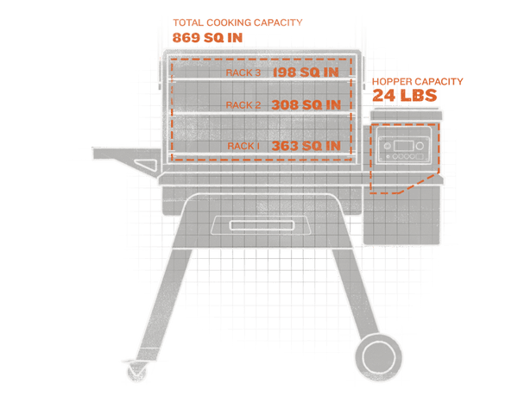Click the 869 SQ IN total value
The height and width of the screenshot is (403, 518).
pyautogui.click(x=207, y=38)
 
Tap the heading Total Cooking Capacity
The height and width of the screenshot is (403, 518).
pyautogui.click(x=237, y=22)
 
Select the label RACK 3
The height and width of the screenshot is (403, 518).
pyautogui.click(x=243, y=72)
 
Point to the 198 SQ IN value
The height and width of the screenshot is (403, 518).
pyautogui.click(x=306, y=72)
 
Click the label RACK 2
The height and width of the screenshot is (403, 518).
pyautogui.click(x=243, y=105)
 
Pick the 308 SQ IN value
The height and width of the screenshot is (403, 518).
pyautogui.click(x=306, y=105)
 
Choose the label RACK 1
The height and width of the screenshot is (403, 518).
pyautogui.click(x=243, y=146)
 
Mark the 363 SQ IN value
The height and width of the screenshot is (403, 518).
pyautogui.click(x=306, y=146)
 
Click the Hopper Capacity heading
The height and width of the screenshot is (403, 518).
pyautogui.click(x=418, y=82)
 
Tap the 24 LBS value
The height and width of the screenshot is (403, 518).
pyautogui.click(x=405, y=95)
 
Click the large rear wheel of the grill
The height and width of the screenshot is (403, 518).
pyautogui.click(x=379, y=358)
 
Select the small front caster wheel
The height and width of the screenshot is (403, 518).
pyautogui.click(x=136, y=371)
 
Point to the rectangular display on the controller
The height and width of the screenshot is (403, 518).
pyautogui.click(x=404, y=146)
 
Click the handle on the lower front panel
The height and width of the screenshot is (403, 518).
pyautogui.click(x=262, y=225)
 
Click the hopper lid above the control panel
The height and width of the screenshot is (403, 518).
pyautogui.click(x=406, y=116)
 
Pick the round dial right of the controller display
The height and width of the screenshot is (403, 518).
pyautogui.click(x=420, y=146)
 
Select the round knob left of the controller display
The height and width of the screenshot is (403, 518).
pyautogui.click(x=387, y=146)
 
